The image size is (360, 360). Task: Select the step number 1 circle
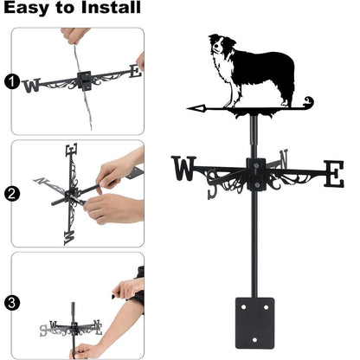10,82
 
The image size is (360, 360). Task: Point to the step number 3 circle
10,304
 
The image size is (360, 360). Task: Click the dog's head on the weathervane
220,48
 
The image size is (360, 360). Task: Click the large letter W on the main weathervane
184,169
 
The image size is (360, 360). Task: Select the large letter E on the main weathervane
333,173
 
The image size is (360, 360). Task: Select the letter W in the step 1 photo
32,85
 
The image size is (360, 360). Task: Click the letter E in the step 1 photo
134,72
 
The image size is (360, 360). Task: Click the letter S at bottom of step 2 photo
70,235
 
